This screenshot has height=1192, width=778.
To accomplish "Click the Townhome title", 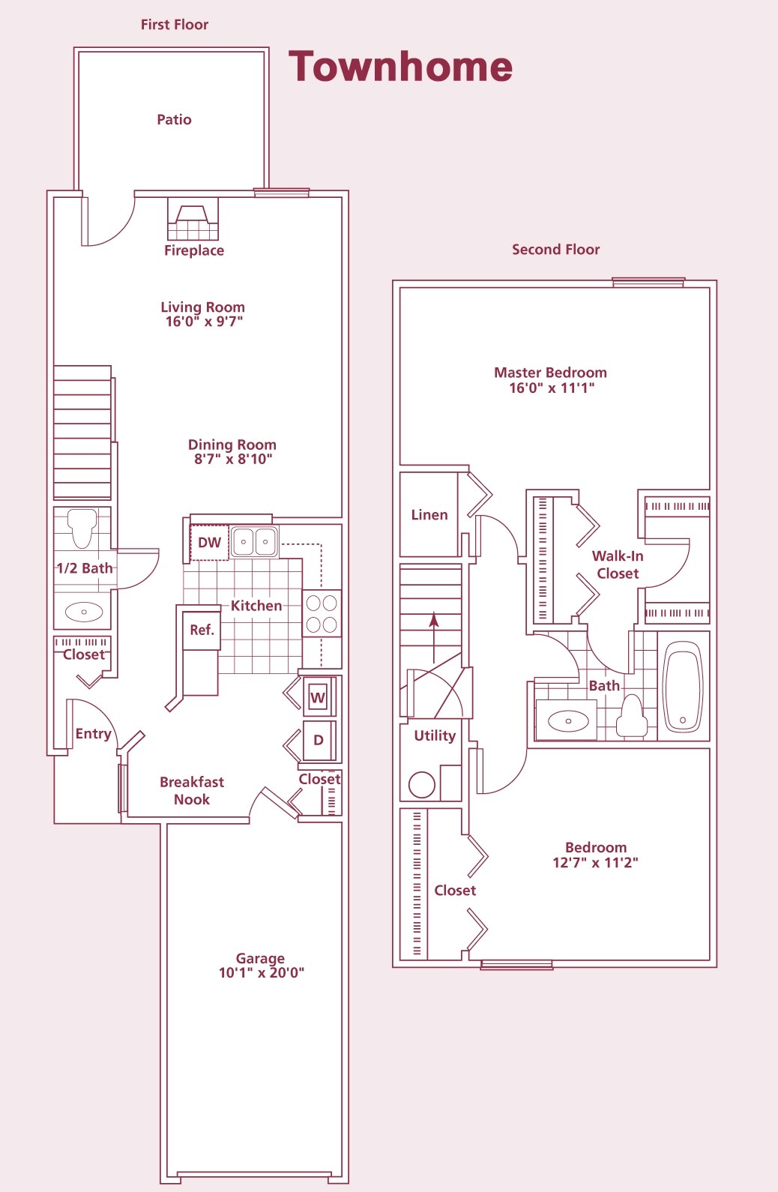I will pyautogui.click(x=400, y=67).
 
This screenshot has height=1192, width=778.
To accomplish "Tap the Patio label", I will pyautogui.click(x=174, y=120).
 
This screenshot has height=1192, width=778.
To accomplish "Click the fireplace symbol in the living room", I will pyautogui.click(x=193, y=220).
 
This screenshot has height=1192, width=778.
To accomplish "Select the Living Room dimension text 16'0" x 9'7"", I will pyautogui.click(x=204, y=322).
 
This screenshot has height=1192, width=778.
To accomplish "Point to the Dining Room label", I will pyautogui.click(x=232, y=445).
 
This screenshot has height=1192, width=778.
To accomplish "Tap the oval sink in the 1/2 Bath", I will pyautogui.click(x=83, y=612).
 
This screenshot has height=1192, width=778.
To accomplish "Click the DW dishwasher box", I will pyautogui.click(x=209, y=543).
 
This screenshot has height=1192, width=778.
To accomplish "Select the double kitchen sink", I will pyautogui.click(x=254, y=541).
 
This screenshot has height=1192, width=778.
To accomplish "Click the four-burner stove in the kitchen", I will pyautogui.click(x=322, y=613).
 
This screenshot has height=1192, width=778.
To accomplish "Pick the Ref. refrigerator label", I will pyautogui.click(x=202, y=630).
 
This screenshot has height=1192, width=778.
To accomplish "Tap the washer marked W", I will pyautogui.click(x=318, y=697).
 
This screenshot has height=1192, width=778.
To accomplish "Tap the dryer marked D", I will pyautogui.click(x=319, y=740).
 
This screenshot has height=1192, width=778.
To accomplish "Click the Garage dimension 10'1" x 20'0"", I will pyautogui.click(x=261, y=973).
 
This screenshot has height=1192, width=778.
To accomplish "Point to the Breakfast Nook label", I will pyautogui.click(x=191, y=790).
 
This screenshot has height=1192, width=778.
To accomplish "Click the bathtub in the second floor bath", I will pyautogui.click(x=683, y=686).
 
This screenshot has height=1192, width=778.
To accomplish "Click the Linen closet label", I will pyautogui.click(x=429, y=515).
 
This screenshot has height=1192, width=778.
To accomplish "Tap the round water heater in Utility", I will pyautogui.click(x=422, y=784).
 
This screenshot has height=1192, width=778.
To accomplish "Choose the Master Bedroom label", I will pyautogui.click(x=550, y=373).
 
